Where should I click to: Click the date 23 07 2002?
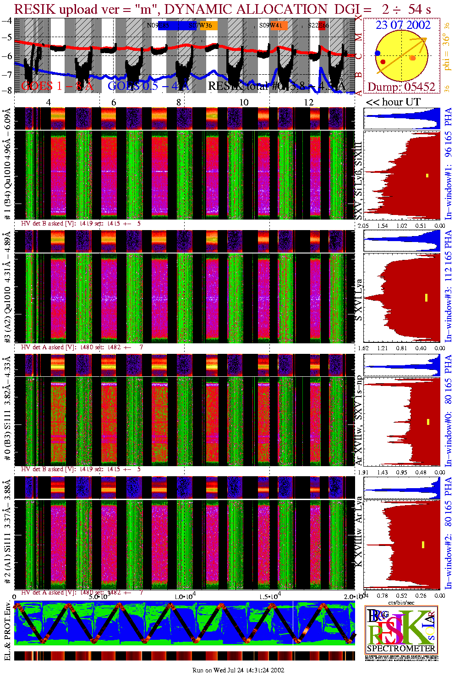point(403,25)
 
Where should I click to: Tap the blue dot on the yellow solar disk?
point(378,54)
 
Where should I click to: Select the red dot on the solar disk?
point(383,62)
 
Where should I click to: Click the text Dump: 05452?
point(401,87)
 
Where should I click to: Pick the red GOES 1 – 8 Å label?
point(57,86)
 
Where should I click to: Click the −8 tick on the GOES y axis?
point(6,90)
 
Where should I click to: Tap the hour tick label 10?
point(244,102)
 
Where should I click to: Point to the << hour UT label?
point(393,102)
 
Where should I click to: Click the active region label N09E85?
point(158,26)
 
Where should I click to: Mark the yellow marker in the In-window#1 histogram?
point(427,175)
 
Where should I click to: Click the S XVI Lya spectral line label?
point(359,300)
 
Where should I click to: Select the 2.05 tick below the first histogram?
point(363,226)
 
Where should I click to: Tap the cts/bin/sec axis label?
point(401,602)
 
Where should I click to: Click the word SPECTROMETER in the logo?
point(401,649)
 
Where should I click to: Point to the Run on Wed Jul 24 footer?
point(238,670)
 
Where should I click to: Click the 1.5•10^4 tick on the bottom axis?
point(270,596)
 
